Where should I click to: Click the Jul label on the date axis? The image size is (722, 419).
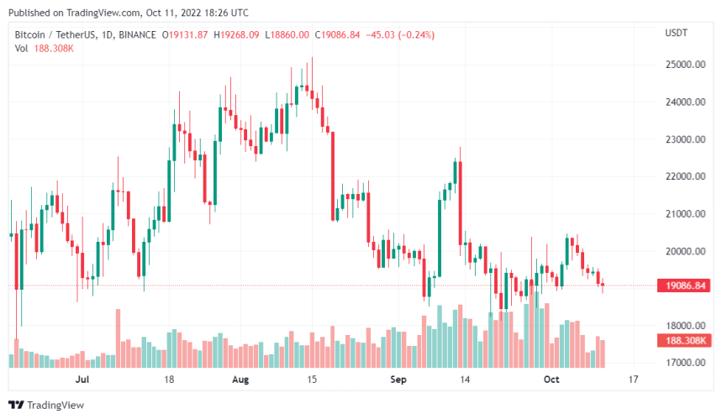(82, 380)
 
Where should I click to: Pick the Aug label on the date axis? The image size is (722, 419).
(240, 380)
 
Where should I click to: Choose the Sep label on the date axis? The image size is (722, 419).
(398, 380)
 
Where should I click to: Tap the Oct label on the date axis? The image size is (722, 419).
(551, 380)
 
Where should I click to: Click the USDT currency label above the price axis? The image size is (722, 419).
(677, 33)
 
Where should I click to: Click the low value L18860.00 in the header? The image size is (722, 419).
(287, 34)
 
